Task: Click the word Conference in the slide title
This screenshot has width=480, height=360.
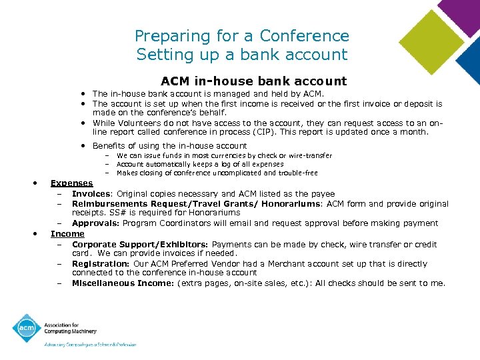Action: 304,36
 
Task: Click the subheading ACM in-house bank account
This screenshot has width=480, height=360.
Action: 253,81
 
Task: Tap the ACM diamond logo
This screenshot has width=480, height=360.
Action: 27,329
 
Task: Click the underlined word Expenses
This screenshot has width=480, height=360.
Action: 72,183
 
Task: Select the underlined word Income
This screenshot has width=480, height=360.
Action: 67,234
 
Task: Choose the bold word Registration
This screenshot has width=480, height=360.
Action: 100,263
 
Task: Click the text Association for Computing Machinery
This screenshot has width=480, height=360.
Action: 71,329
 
